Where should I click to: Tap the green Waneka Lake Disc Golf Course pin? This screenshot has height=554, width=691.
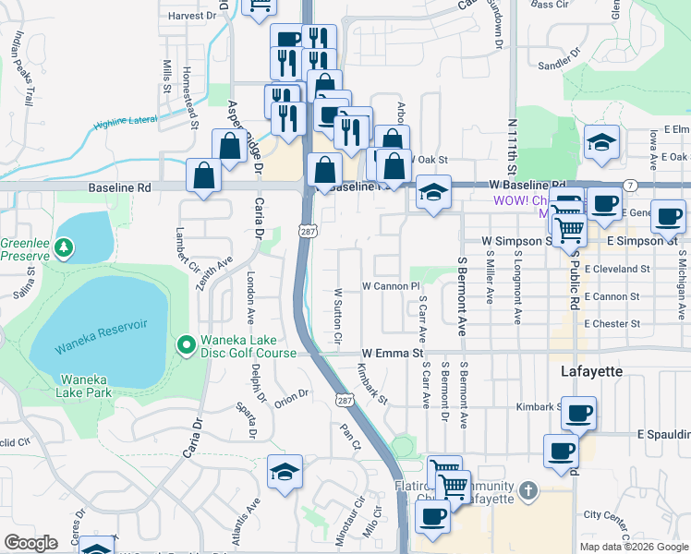[x=186, y=345]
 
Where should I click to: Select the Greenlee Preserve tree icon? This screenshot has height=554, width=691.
[x=63, y=247]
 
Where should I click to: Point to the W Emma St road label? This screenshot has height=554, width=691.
[x=392, y=353]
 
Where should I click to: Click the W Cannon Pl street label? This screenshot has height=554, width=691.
[x=391, y=286]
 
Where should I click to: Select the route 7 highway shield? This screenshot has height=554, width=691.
[x=628, y=186]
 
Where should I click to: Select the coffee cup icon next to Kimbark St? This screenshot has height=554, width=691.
[x=578, y=414]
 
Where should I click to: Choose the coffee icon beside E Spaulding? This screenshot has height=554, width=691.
[x=561, y=452]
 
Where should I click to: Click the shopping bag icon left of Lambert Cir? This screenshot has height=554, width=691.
[x=203, y=175]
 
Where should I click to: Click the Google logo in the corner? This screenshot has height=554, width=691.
[x=30, y=543]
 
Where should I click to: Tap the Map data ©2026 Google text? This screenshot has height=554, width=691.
[x=633, y=547]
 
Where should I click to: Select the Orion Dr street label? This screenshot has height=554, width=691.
[x=290, y=395]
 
